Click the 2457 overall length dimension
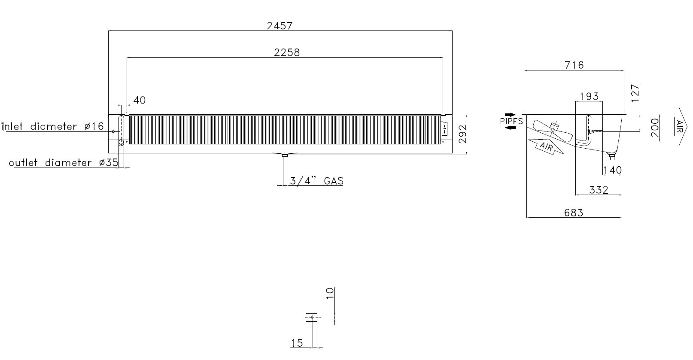280,26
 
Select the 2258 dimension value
287,52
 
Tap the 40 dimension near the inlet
140,100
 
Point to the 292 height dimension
462,134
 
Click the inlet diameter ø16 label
53,126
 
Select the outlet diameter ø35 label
64,163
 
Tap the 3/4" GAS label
316,180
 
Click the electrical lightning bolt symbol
444,129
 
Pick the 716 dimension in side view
574,65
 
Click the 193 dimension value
589,96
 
